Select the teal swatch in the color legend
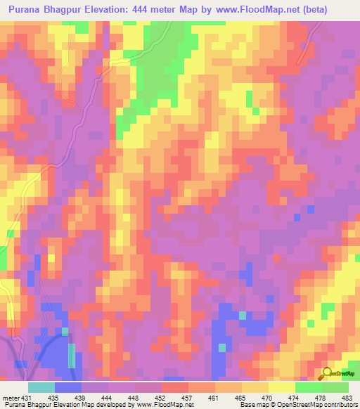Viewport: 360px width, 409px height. click(x=41, y=387)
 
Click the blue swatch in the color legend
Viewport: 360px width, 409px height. click(x=68, y=387)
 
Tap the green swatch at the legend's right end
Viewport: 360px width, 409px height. click(x=335, y=387)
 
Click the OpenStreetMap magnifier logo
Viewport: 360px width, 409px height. click(x=328, y=373)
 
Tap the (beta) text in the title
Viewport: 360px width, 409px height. click(x=335, y=10)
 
